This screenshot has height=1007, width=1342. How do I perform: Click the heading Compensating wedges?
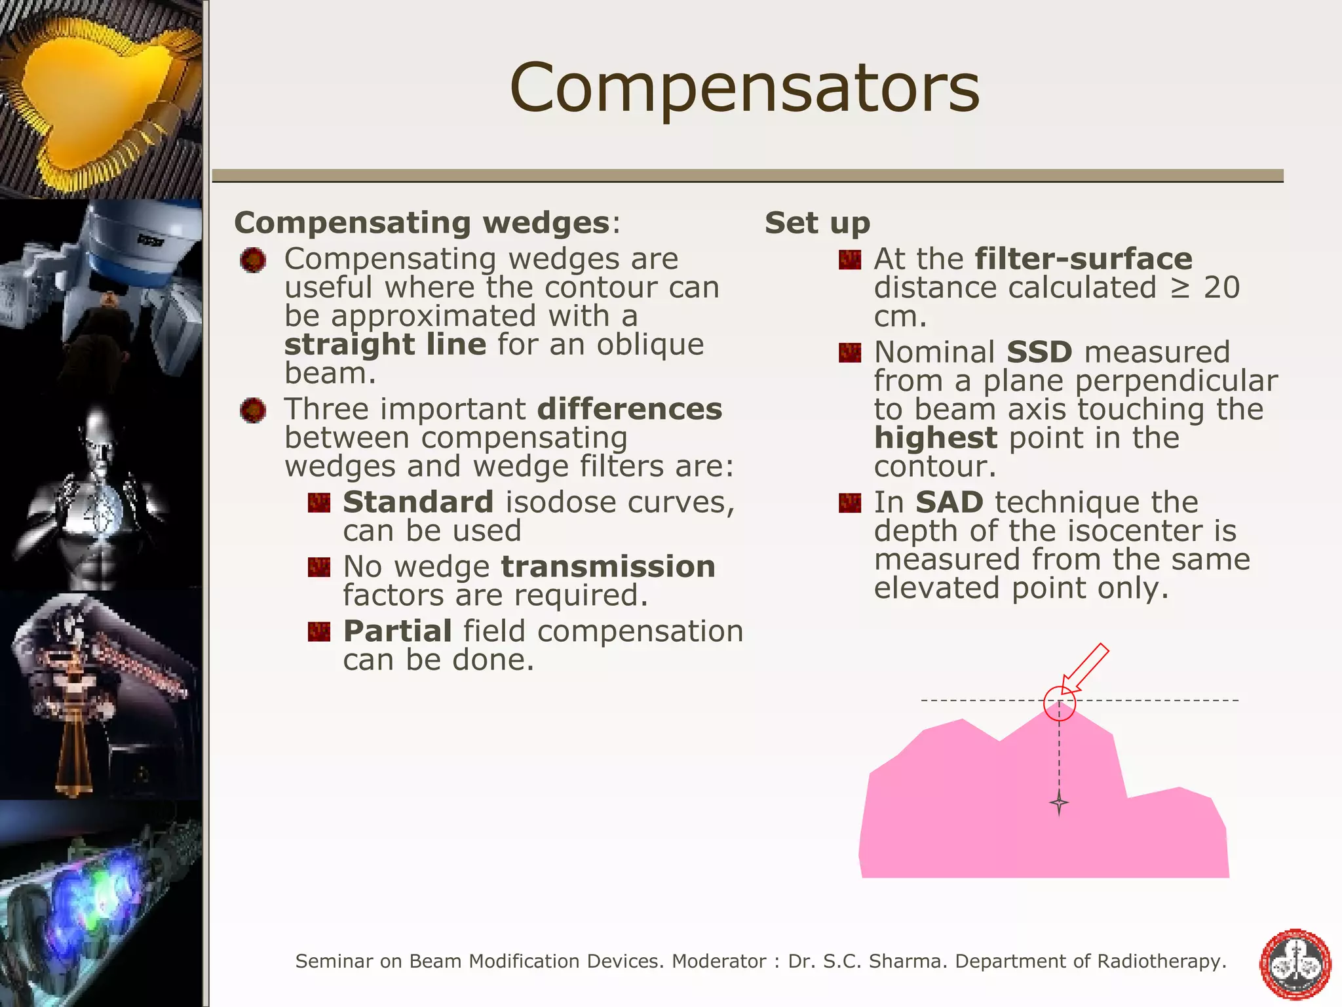[x=422, y=223]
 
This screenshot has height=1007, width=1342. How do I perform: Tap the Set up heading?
[x=817, y=223]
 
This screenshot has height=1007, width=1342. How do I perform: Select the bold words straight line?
[x=385, y=344]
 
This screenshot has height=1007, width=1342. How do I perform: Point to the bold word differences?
[x=629, y=409]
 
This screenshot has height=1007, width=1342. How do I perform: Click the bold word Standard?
[x=417, y=502]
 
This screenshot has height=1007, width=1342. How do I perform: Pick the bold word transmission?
[x=607, y=566]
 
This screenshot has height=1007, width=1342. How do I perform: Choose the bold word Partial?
[x=397, y=631]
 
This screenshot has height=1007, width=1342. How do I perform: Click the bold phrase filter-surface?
[x=1083, y=259]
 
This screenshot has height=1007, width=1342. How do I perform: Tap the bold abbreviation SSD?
[x=1039, y=353]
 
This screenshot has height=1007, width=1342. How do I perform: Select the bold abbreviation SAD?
[x=949, y=503]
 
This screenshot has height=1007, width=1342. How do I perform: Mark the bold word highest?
[x=935, y=438]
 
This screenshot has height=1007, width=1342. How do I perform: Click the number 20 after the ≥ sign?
[x=1221, y=288]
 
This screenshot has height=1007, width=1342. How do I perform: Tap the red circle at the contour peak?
[x=1059, y=704]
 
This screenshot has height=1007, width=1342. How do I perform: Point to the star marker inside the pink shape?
[x=1059, y=802]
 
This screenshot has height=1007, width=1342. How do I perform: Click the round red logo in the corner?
[x=1295, y=964]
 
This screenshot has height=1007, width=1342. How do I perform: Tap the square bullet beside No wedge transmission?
[x=319, y=567]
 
